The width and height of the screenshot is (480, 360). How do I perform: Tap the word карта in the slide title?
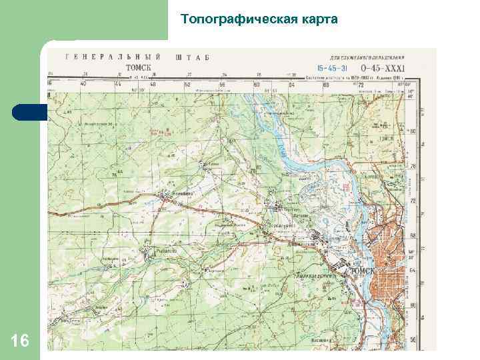(x=322, y=19)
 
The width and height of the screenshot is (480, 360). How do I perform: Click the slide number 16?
(x=20, y=342)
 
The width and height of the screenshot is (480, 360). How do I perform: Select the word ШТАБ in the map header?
(x=193, y=58)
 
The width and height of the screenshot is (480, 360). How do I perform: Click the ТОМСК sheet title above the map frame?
(x=138, y=67)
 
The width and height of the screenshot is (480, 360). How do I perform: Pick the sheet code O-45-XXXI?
(x=383, y=67)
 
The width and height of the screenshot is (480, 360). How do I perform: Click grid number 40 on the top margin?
(x=83, y=85)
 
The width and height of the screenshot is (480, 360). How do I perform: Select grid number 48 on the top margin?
(x=152, y=85)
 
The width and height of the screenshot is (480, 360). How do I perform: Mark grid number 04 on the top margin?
(x=291, y=85)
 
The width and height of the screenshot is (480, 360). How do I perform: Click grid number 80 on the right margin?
(x=413, y=131)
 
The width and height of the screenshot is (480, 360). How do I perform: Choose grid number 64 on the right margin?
(x=413, y=271)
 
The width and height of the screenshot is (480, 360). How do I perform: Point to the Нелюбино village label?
(x=183, y=193)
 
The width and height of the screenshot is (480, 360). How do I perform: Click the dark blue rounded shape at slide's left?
(x=28, y=112)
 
